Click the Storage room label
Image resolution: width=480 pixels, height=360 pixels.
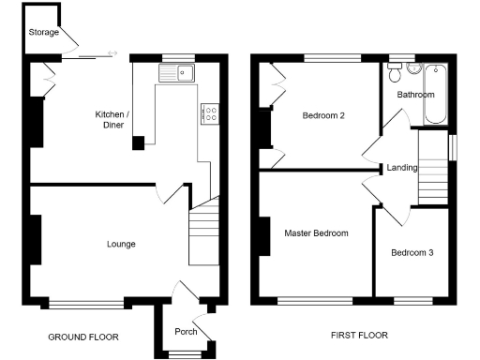pyautogui.click(x=43, y=33)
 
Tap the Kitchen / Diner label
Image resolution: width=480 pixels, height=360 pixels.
pyautogui.click(x=113, y=120)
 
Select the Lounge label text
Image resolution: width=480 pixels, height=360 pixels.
pyautogui.click(x=120, y=244)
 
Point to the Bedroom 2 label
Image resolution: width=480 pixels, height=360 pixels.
pyautogui.click(x=323, y=116)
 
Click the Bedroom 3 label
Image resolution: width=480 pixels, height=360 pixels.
pyautogui.click(x=413, y=253)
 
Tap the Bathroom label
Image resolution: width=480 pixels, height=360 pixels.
pyautogui.click(x=415, y=95)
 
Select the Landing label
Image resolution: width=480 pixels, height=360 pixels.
pyautogui.click(x=401, y=168)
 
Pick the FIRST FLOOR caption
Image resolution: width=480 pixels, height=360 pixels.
pyautogui.click(x=360, y=336)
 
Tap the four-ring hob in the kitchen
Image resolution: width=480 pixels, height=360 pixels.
pyautogui.click(x=210, y=114)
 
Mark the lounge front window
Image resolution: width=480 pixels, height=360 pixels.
pyautogui.click(x=86, y=303)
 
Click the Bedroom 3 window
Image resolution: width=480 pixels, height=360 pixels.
pyautogui.click(x=412, y=300)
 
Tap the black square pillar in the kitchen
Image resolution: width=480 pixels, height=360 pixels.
pyautogui.click(x=139, y=142)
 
